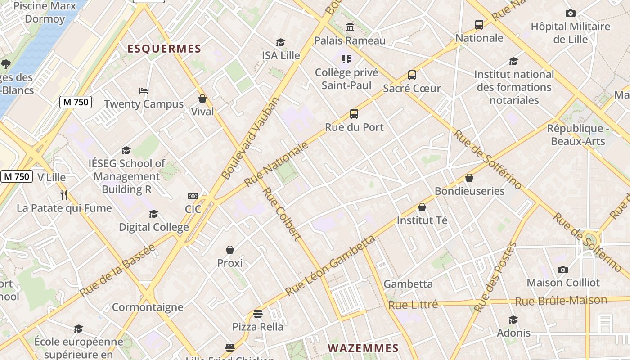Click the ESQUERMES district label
coord(164,49)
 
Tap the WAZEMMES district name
coord(363,348)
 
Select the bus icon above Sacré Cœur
coord(412,75)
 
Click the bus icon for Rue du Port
coord(354,114)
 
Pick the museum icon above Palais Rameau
coord(350,27)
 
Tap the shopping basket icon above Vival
coord(202,99)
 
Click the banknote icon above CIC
coord(193,196)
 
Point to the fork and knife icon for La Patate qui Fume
coord(64,194)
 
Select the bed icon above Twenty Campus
coord(144,91)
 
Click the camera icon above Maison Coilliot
coord(562,270)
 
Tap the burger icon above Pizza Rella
coord(258,313)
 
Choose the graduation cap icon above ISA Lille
coord(281,42)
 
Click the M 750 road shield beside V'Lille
coord(17,176)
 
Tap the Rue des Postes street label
coord(495,277)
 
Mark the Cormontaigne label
coord(148,307)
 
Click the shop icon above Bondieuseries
coord(469,178)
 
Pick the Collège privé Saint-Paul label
coord(346,79)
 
